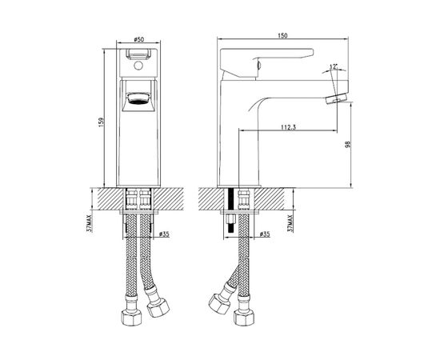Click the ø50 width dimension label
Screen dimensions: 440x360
click(x=139, y=39)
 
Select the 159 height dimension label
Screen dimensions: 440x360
click(x=101, y=122)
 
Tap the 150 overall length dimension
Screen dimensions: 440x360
click(x=282, y=35)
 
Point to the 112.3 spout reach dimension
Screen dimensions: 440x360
click(x=288, y=127)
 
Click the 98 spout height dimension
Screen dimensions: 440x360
click(x=348, y=145)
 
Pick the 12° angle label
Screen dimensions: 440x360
click(x=333, y=66)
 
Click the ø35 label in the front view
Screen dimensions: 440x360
click(x=164, y=234)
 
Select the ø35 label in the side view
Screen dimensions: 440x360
click(x=265, y=234)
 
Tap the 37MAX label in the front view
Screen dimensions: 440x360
click(x=90, y=223)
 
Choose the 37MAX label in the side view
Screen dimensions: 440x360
click(x=290, y=223)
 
